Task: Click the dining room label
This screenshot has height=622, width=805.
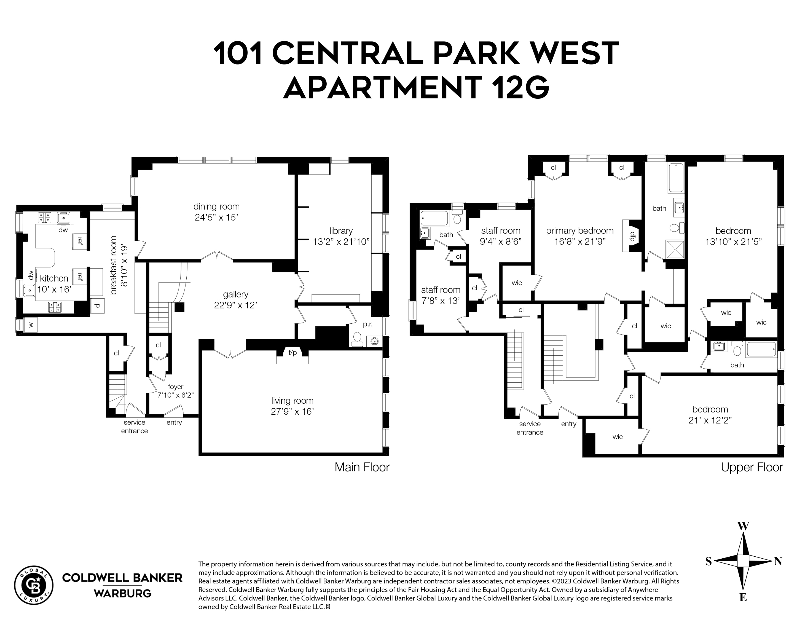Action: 216,207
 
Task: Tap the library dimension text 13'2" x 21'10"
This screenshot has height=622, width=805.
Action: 341,242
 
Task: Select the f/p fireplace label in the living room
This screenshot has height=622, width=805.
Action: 292,353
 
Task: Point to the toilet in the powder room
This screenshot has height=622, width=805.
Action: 357,338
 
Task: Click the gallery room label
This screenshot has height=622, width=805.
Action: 236,294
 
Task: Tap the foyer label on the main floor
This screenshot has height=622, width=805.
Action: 175,386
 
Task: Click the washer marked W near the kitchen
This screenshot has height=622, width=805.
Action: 31,325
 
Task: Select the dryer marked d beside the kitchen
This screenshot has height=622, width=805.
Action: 97,306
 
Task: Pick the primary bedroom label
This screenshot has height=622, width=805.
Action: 579,231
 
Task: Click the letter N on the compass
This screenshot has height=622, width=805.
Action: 778,561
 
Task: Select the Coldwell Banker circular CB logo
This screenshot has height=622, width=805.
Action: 33,585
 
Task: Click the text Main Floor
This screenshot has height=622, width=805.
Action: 361,467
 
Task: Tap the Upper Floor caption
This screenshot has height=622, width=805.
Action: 751,467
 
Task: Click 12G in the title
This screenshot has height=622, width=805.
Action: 520,87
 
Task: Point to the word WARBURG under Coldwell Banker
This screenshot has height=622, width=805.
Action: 122,593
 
